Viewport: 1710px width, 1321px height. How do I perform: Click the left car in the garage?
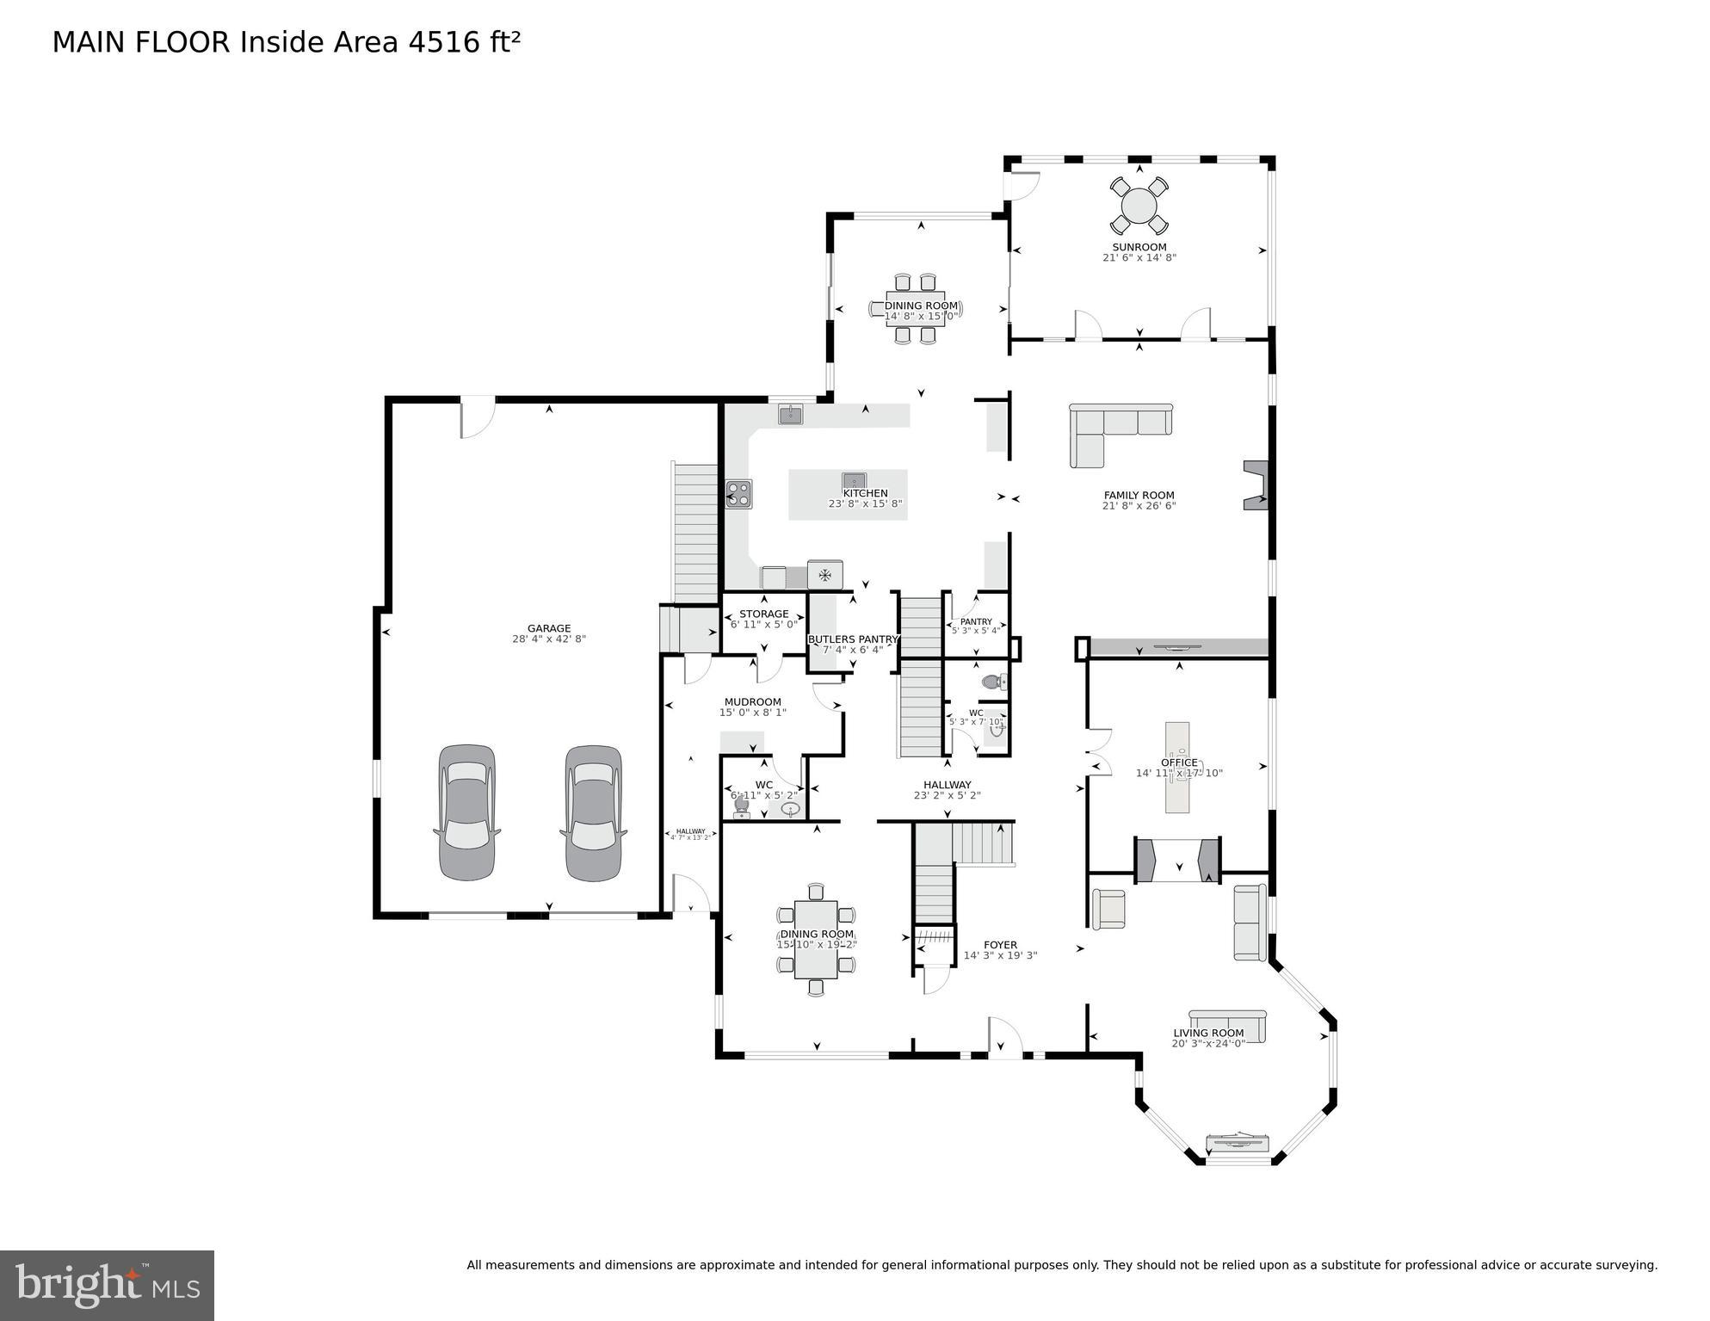(x=466, y=812)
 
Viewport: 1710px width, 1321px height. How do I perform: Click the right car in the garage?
(x=593, y=812)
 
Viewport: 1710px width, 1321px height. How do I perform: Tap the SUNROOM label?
(x=1139, y=247)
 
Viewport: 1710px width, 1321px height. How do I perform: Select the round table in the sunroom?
(x=1139, y=207)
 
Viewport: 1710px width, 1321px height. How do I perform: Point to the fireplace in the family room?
(x=1257, y=485)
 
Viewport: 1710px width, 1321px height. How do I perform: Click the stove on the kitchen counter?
(x=738, y=494)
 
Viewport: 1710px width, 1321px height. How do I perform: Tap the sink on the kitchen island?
(x=854, y=480)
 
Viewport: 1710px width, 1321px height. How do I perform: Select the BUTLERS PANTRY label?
(x=852, y=639)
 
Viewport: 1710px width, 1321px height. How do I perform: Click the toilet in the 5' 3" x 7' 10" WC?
(x=992, y=682)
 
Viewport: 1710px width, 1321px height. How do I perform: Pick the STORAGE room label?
(x=763, y=614)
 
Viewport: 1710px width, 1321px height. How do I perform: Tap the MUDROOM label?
(x=752, y=701)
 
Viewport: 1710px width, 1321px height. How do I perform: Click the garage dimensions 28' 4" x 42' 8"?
(x=548, y=639)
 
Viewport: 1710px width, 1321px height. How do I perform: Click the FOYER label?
(x=1000, y=944)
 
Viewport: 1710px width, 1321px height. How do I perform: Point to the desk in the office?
(x=1177, y=766)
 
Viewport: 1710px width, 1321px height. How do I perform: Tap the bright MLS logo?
(x=107, y=1285)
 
